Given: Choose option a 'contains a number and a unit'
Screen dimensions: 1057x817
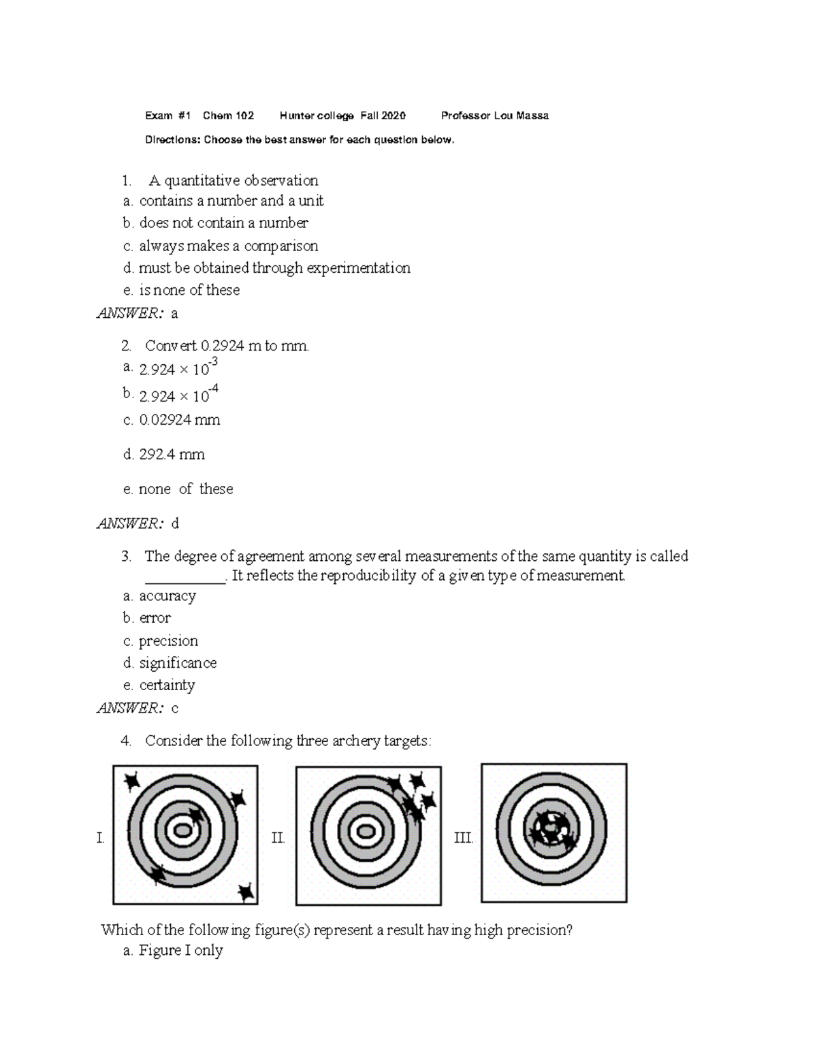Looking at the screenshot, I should (231, 201).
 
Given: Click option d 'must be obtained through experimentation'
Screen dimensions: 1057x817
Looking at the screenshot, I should (274, 268).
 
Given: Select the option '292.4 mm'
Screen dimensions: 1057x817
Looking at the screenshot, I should (172, 455).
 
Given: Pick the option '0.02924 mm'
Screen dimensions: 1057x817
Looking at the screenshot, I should (179, 420).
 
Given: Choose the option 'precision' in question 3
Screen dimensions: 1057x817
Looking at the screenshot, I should (168, 641).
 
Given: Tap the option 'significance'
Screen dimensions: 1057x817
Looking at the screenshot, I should (178, 663).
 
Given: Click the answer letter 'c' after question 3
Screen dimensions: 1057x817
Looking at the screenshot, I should (175, 709).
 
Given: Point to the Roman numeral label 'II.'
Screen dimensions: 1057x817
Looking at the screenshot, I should (278, 838).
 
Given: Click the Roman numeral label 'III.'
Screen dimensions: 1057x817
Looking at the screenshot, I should (463, 838).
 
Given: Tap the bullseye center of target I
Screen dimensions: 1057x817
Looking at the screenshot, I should (183, 830).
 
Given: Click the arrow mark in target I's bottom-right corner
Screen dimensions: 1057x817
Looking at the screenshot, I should (245, 891).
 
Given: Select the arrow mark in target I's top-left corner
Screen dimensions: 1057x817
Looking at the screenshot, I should (130, 780).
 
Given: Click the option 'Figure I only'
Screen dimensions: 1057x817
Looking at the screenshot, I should (180, 951).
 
